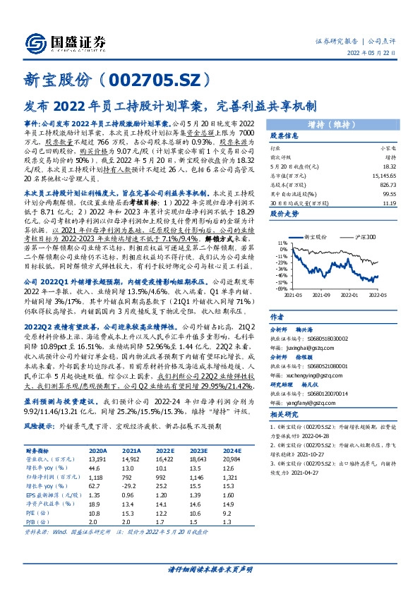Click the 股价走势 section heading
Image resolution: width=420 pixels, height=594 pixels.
(285, 212)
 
